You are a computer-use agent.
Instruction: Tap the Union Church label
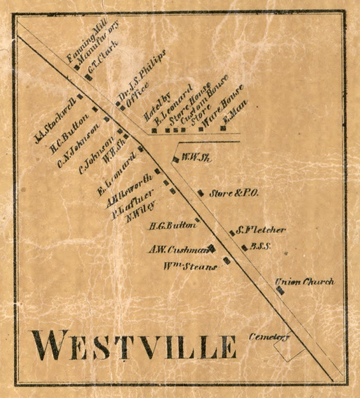click(305, 282)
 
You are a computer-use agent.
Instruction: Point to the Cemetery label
click(270, 337)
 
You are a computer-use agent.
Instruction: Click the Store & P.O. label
click(233, 194)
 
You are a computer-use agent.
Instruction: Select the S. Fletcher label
click(261, 230)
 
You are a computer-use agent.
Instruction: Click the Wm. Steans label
click(190, 267)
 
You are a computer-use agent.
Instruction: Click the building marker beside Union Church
click(280, 290)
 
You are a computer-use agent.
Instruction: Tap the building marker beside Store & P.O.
click(200, 193)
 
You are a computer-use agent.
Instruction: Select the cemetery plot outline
click(288, 352)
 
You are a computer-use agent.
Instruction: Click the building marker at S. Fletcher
click(232, 232)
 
